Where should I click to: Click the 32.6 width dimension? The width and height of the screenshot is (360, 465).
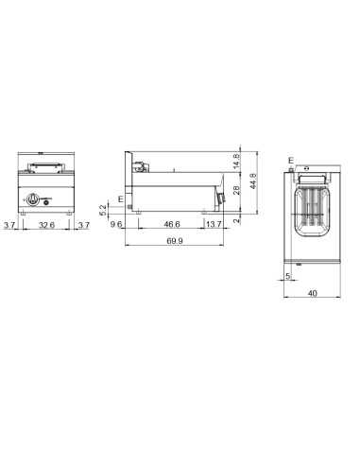click(45, 226)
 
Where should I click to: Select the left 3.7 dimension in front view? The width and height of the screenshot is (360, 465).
click(9, 226)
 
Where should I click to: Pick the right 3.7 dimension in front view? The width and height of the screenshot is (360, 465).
click(83, 226)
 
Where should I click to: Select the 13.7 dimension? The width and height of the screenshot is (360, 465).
click(214, 226)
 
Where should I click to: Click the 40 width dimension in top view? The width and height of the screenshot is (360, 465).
click(312, 294)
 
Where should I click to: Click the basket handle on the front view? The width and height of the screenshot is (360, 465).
click(45, 167)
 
